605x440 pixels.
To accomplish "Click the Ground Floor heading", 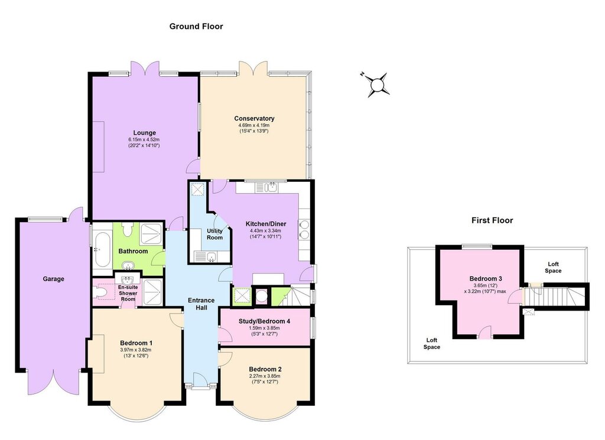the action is (196, 26).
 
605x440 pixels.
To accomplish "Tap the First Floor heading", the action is (492, 220).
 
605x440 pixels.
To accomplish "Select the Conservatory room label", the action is (254, 118).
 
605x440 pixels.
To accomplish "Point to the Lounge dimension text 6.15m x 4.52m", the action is (144, 139).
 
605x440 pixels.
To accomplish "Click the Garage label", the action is (53, 279).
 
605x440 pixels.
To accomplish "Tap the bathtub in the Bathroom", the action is (102, 249).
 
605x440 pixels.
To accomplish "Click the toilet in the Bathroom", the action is (127, 229).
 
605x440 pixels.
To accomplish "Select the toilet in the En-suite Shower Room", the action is (102, 292).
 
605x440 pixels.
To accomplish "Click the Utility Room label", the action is (214, 234).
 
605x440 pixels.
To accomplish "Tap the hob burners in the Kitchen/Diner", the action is (303, 229).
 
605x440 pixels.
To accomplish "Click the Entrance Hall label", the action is (201, 304).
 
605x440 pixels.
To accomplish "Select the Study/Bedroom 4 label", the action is (264, 321).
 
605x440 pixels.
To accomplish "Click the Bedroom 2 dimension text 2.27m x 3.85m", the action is (264, 376).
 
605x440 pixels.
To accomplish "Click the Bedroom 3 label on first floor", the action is (486, 278).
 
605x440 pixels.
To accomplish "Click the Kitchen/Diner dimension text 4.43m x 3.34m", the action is (265, 230).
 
